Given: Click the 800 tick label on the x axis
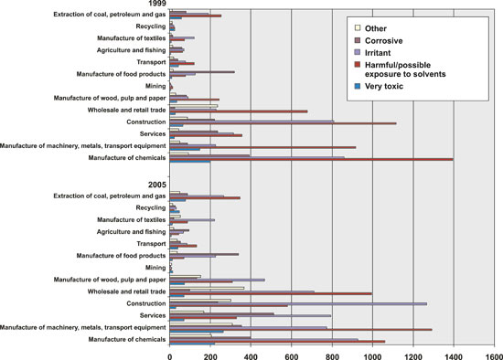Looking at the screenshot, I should tap(332, 351).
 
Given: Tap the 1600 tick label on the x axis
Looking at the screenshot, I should tap(494, 351).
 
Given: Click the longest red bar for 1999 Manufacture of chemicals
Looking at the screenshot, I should tap(311, 159).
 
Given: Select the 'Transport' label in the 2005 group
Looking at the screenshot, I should tap(148, 243).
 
